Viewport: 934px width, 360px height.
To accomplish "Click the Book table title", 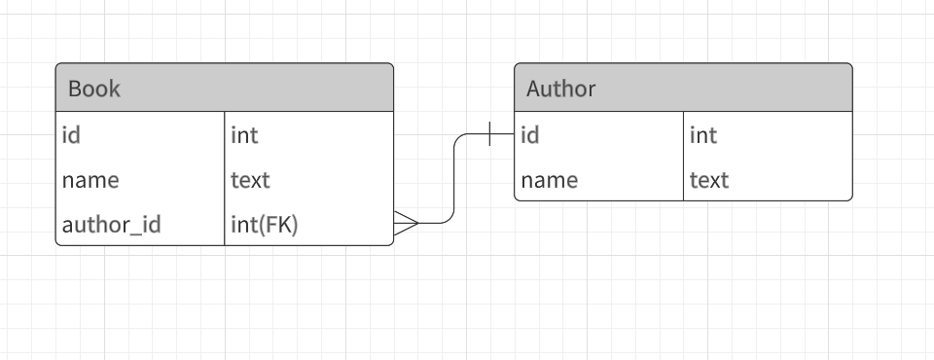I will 94,89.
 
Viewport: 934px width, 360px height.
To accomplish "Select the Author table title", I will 560,89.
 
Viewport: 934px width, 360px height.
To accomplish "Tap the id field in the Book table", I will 71,135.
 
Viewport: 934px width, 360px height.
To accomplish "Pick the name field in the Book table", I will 90,180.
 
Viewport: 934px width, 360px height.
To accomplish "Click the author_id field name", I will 111,225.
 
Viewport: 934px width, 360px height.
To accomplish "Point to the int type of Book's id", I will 244,135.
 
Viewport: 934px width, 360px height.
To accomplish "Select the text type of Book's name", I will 250,180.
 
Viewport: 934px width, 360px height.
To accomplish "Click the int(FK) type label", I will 264,225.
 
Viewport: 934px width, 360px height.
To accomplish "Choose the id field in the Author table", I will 529,135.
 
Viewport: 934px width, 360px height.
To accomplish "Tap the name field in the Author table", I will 549,180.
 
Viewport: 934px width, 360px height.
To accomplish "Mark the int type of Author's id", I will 702,135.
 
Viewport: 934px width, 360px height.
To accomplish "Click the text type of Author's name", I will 709,180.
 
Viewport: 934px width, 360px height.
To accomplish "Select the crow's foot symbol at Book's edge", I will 406,224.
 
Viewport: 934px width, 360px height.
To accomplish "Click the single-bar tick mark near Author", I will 489,134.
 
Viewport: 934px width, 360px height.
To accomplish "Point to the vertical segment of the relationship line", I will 454,179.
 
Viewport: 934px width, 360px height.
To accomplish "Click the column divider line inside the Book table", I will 225,179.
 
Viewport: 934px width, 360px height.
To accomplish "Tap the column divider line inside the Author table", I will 684,157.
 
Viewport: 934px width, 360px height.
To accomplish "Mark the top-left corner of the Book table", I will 57,65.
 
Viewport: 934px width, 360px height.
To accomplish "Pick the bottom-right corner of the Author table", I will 851,199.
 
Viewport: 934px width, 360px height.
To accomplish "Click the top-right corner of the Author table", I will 851,65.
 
